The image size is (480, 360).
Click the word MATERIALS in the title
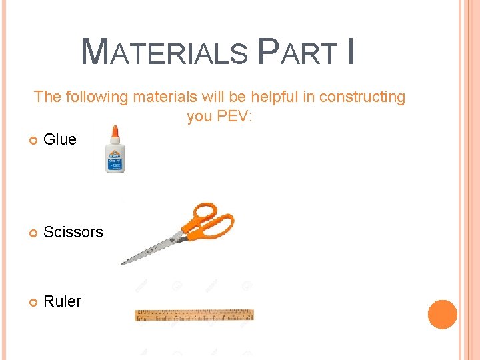(164, 52)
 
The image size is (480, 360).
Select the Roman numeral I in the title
(350, 52)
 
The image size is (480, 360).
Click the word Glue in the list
(60, 139)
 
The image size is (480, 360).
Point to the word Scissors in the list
(73, 232)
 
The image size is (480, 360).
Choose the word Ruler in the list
(62, 301)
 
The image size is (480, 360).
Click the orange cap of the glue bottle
(115, 132)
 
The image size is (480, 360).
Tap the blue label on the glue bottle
(115, 161)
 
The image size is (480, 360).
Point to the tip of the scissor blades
(123, 263)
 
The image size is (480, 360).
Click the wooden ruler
(194, 315)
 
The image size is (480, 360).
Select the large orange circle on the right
(443, 314)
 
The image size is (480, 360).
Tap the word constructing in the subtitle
(362, 97)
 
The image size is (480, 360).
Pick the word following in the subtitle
(96, 97)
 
